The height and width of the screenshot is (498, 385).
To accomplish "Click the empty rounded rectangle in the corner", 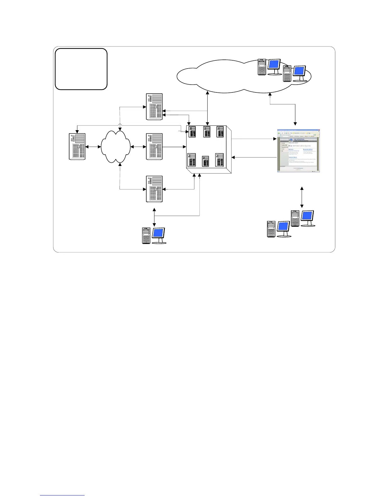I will pyautogui.click(x=81, y=69).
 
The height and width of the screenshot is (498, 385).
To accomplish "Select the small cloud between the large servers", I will pyautogui.click(x=116, y=147).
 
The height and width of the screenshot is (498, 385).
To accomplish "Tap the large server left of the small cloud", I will pyautogui.click(x=77, y=147).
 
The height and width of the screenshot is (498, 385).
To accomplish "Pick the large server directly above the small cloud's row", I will pyautogui.click(x=154, y=107).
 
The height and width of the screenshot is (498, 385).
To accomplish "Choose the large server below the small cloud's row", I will pyautogui.click(x=154, y=189).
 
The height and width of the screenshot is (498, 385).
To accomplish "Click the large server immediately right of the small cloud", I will pyautogui.click(x=154, y=147).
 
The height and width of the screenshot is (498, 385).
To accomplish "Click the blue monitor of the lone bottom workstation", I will pyautogui.click(x=158, y=234).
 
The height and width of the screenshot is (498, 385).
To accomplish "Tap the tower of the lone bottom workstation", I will pyautogui.click(x=146, y=235).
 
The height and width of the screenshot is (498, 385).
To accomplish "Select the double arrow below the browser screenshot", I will pyautogui.click(x=302, y=197).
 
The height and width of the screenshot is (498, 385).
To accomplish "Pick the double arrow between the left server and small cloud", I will pyautogui.click(x=93, y=147).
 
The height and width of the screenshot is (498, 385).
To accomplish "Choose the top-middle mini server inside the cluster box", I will pyautogui.click(x=207, y=132).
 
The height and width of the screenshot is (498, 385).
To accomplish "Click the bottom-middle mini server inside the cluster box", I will pyautogui.click(x=205, y=161).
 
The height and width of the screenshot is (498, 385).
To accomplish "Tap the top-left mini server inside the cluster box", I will pyautogui.click(x=192, y=132).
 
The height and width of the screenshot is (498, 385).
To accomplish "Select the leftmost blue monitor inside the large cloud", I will pyautogui.click(x=274, y=65).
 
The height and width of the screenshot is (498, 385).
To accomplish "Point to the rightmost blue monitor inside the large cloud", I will pyautogui.click(x=299, y=71).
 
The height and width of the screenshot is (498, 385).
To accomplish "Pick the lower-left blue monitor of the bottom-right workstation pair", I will pyautogui.click(x=283, y=227).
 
